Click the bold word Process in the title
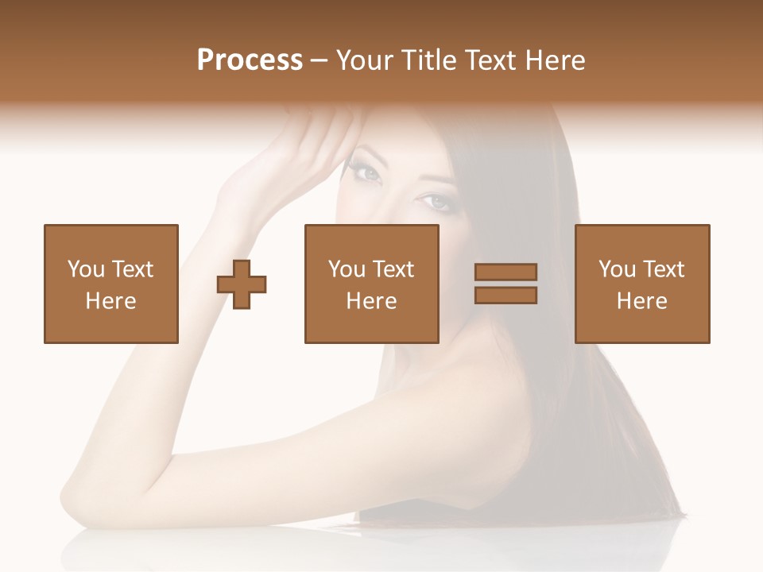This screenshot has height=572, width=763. click(250, 60)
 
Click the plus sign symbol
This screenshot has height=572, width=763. click(242, 284)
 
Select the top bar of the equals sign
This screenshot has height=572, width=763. click(505, 272)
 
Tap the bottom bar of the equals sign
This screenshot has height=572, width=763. click(505, 295)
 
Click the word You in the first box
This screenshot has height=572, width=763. click(86, 269)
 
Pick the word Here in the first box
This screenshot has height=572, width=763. click(110, 301)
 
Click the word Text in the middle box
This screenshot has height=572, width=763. click(393, 269)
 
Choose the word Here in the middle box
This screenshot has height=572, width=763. click(371, 301)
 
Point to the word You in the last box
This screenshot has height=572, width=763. click(617, 269)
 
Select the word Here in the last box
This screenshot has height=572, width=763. click(641, 301)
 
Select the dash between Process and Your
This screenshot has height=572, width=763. click(320, 60)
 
